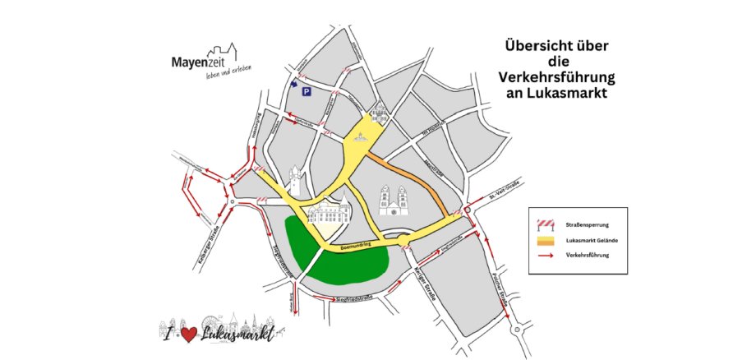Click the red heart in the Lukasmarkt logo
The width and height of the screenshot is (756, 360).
pyautogui.click(x=187, y=334)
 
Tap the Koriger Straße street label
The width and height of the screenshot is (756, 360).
pyautogui.click(x=429, y=284)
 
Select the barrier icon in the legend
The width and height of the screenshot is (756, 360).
pyautogui.click(x=545, y=224)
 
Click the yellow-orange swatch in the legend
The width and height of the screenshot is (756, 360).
pyautogui.click(x=545, y=240)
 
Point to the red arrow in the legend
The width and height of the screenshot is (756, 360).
pyautogui.click(x=545, y=256)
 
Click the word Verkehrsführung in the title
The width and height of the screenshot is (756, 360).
pyautogui.click(x=557, y=77)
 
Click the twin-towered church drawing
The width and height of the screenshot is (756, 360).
pyautogui.click(x=393, y=201)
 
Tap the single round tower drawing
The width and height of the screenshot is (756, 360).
pyautogui.click(x=295, y=182)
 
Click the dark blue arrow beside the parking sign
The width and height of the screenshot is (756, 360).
pyautogui.click(x=294, y=83)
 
